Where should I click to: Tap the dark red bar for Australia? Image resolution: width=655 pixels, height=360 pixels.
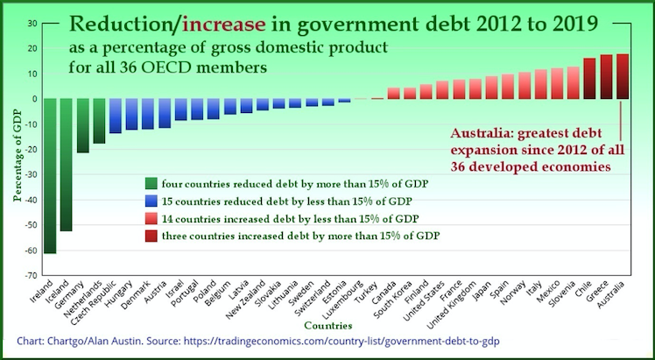coord(623,76)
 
